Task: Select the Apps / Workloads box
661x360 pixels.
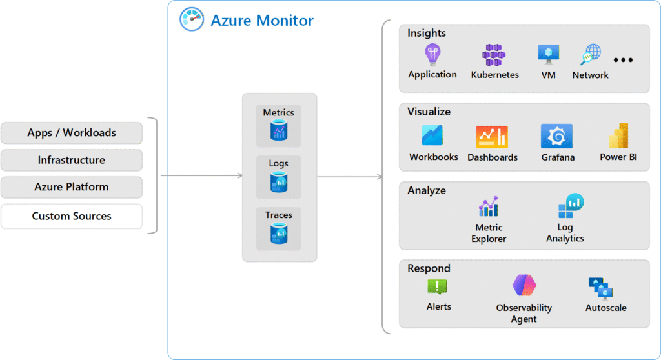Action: pos(72,133)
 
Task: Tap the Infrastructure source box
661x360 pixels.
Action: pos(72,160)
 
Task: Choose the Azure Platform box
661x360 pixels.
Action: pos(72,187)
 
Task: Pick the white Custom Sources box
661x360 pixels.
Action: pos(72,216)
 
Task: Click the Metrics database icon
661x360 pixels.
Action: pos(279,132)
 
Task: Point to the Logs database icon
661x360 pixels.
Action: pos(279,183)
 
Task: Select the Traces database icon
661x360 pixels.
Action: pos(279,234)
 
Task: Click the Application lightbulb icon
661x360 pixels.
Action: pos(432,54)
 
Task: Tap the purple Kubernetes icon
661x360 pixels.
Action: pos(494,55)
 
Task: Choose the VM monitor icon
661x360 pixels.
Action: pos(549,55)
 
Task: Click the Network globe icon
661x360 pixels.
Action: pos(590,55)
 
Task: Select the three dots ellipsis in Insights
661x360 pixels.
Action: pos(624,60)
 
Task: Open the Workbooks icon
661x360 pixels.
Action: pos(432,135)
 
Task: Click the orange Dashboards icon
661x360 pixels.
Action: pos(492,136)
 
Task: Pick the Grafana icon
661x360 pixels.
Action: pos(556,136)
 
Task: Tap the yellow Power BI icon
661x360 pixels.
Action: pos(618,135)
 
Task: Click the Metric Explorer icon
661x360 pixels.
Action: pos(489,206)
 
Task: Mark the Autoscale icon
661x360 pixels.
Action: pos(601,288)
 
